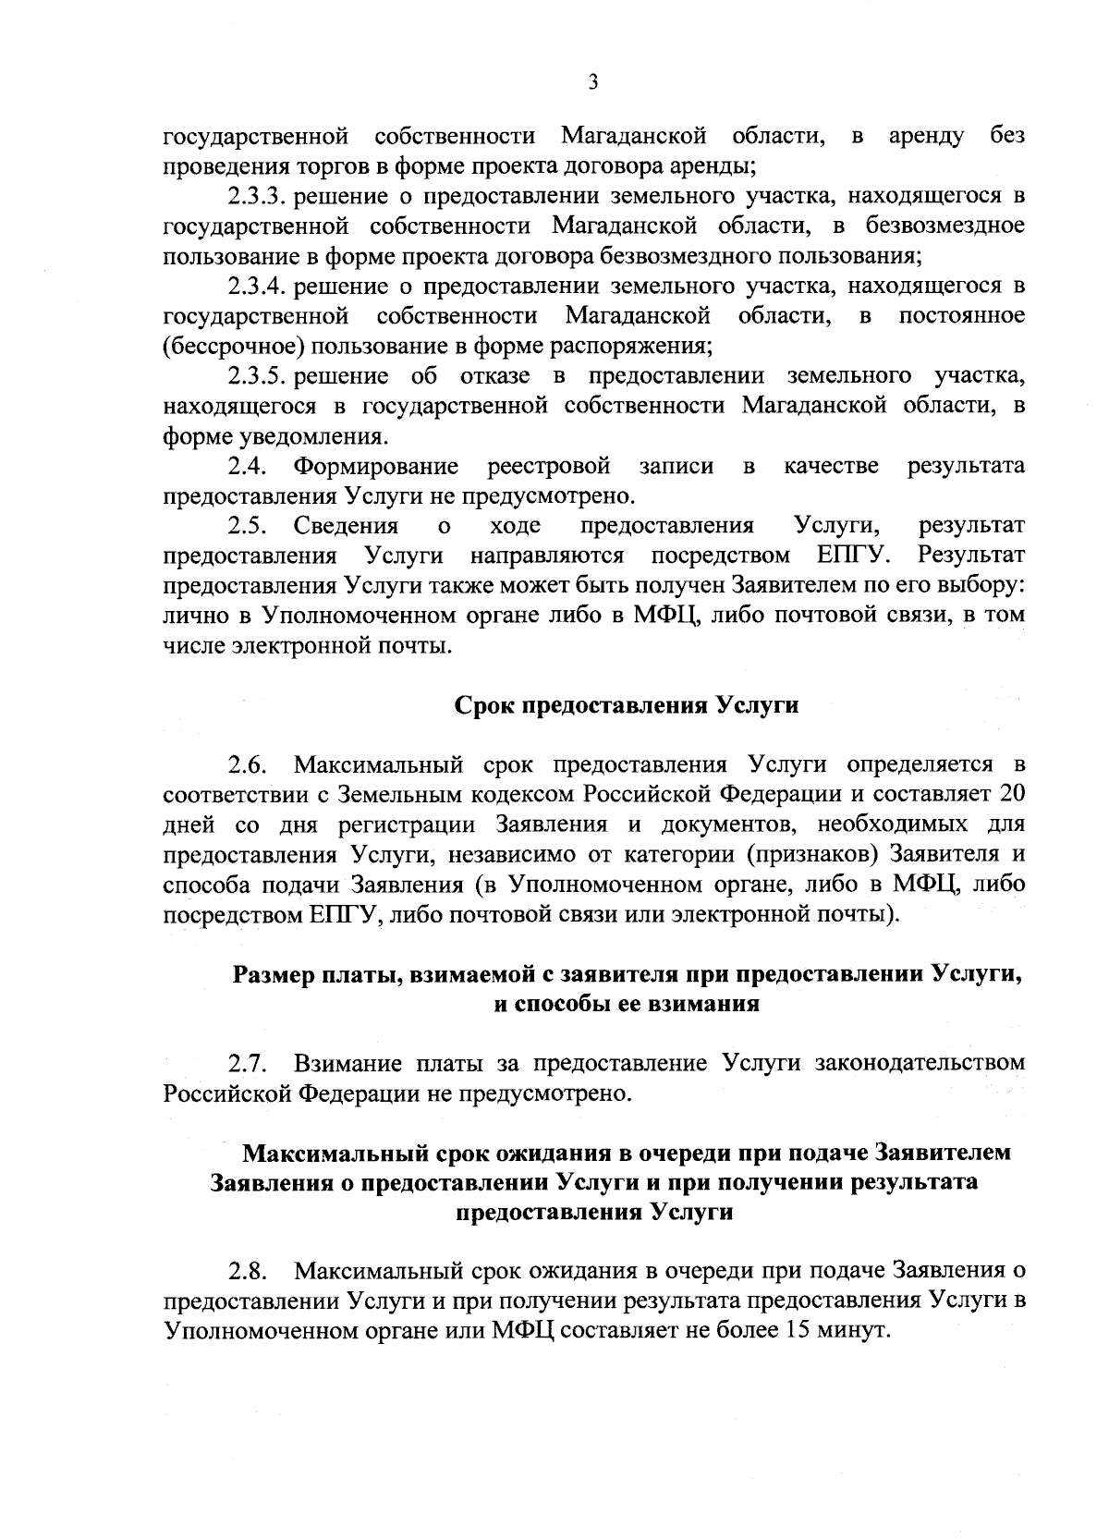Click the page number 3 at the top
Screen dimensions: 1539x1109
click(x=593, y=83)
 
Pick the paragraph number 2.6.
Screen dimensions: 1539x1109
click(x=249, y=766)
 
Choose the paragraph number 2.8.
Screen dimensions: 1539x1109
click(x=249, y=1271)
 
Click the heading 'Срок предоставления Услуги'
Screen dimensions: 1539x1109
click(x=627, y=705)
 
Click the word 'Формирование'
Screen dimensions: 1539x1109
click(x=376, y=466)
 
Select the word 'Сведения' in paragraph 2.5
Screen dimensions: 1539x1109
click(x=347, y=527)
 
